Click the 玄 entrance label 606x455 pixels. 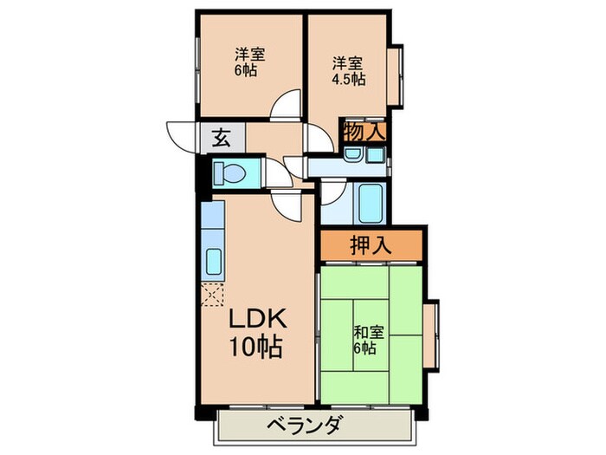(x=221, y=136)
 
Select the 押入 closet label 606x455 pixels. (x=371, y=246)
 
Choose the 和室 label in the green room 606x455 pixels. (x=364, y=331)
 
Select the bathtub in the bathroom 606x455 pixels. (x=370, y=204)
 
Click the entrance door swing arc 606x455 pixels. (x=180, y=136)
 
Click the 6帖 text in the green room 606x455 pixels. (x=364, y=348)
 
